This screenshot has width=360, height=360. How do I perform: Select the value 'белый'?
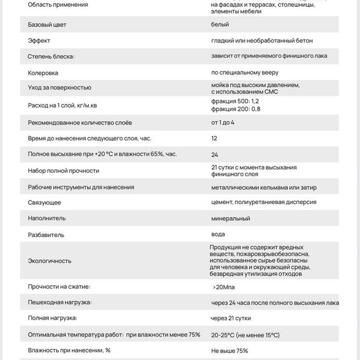point(220,25)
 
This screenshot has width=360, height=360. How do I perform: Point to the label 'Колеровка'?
point(43,73)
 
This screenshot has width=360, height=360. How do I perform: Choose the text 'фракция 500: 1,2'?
point(236,102)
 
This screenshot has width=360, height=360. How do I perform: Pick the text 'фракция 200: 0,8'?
point(236,109)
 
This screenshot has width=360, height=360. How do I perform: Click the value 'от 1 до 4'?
point(223,122)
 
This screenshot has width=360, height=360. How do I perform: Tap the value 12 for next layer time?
point(214,138)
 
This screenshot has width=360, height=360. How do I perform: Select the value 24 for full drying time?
point(215,154)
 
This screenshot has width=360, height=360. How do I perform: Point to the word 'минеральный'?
point(230,218)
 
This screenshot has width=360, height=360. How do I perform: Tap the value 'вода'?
point(218,234)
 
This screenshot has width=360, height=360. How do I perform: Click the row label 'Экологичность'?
point(50,261)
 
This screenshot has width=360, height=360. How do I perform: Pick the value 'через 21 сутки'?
point(235,318)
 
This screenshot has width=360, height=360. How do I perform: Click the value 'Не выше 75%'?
point(229,350)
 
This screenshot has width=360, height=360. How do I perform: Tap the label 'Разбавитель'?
point(46,235)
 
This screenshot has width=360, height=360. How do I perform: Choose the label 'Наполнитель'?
point(47,218)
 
